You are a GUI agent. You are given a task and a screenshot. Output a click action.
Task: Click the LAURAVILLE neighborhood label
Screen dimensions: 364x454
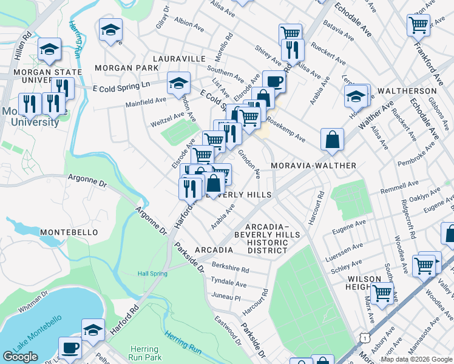[179, 59]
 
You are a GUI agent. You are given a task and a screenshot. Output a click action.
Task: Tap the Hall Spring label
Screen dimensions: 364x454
[152, 274]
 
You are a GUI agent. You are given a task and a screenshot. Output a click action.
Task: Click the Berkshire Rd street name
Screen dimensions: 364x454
[230, 268]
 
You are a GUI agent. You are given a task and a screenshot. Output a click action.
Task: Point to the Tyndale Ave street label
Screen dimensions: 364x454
[228, 283]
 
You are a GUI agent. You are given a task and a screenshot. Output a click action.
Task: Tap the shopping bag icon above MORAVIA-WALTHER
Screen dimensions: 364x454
[333, 139]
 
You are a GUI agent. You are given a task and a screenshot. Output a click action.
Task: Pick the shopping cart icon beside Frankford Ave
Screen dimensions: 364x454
[419, 25]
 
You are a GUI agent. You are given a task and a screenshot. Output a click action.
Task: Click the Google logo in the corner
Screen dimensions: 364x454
[20, 357]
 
